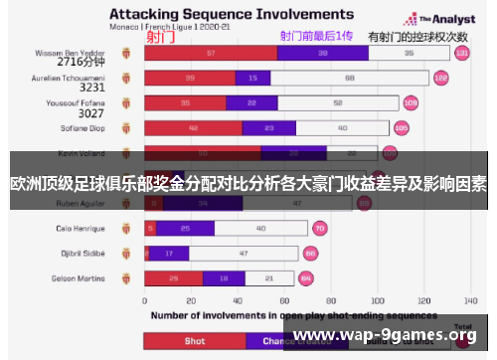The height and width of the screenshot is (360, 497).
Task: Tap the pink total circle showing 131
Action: [461, 53]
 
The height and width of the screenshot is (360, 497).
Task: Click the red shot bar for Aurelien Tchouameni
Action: [190, 78]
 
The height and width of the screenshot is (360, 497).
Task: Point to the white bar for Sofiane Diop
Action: [342, 128]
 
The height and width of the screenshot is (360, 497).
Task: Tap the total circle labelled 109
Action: [411, 102]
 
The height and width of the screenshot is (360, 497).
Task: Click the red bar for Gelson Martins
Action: [174, 278]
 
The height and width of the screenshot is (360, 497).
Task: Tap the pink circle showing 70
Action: [319, 228]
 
